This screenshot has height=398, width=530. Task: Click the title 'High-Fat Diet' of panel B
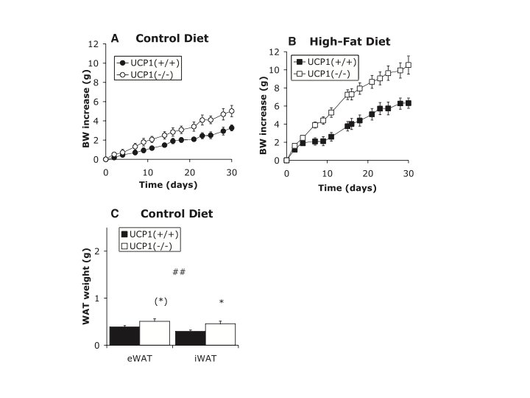tap(350, 41)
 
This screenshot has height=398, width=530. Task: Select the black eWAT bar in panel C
tap(124, 336)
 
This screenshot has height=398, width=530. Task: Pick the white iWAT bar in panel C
tap(220, 335)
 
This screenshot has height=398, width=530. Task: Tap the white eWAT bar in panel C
tap(155, 333)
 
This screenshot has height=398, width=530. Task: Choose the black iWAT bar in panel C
tap(191, 338)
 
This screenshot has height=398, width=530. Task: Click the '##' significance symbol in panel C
tap(179, 272)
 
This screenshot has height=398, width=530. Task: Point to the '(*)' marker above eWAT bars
tap(161, 301)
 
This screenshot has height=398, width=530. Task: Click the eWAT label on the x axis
tap(140, 358)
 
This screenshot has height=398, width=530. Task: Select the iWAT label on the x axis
tap(205, 358)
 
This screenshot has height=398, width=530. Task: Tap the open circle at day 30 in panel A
tap(232, 111)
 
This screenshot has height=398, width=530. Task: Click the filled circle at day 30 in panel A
tap(232, 128)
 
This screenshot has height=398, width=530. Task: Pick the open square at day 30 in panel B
tap(409, 65)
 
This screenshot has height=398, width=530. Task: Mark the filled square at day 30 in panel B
tap(409, 103)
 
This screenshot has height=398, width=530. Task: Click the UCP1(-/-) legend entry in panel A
tap(147, 74)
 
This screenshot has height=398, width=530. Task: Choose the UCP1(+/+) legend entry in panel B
tap(325, 62)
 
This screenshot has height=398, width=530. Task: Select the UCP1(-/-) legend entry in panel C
tap(146, 246)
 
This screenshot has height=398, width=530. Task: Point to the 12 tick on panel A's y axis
tap(93, 44)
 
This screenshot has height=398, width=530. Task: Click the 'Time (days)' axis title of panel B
tap(347, 188)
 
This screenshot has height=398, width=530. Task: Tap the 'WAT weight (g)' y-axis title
tap(86, 287)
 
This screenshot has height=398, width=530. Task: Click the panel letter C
tap(115, 214)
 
